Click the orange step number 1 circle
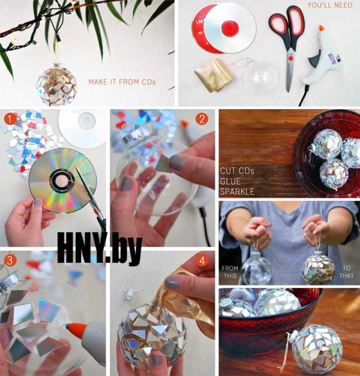10,119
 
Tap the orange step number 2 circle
202,119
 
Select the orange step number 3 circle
10,260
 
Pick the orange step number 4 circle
202,261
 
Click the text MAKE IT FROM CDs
122,82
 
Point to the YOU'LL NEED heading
330,5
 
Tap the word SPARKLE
237,191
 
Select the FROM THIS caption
230,272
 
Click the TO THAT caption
347,272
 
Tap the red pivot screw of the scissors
290,58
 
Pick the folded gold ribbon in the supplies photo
213,75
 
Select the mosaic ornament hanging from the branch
57,86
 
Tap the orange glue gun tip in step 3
76,327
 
